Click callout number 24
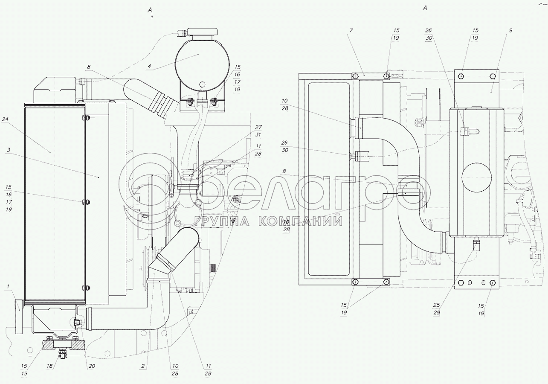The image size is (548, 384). [x=5, y=119]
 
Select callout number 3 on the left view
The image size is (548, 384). [x=9, y=150]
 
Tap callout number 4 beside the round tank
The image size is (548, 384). [x=150, y=66]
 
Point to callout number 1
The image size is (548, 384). [x=8, y=286]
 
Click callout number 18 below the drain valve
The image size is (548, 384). [x=49, y=366]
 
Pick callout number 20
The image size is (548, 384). [x=92, y=366]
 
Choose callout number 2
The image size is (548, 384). [x=143, y=366]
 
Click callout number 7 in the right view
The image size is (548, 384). [x=351, y=30]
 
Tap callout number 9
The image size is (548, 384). [x=510, y=30]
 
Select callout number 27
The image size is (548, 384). [x=258, y=127]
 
